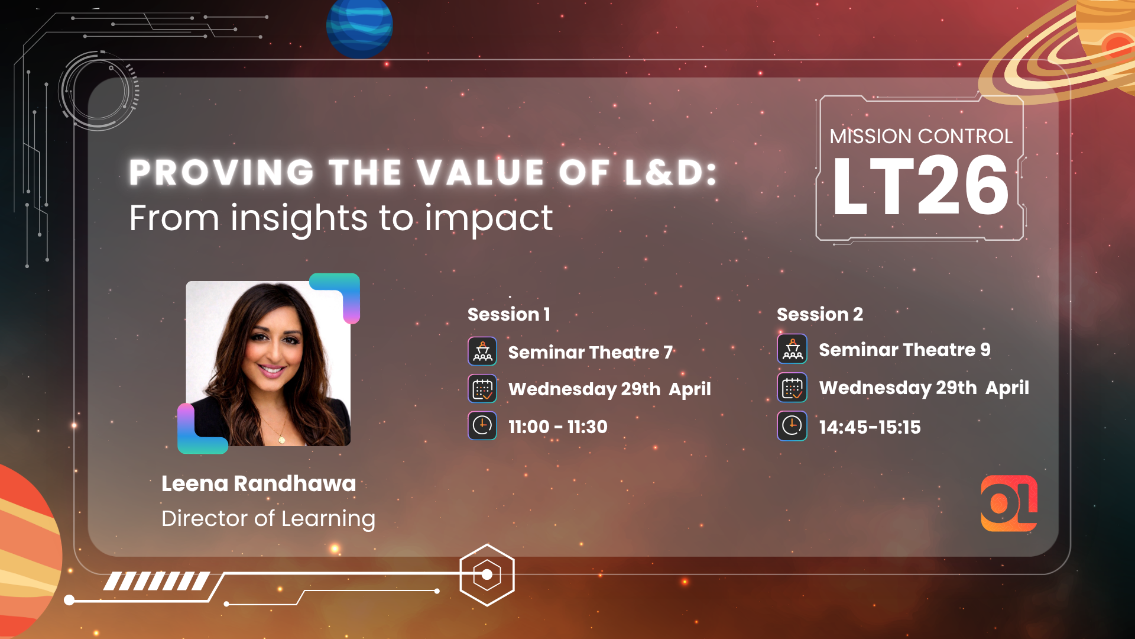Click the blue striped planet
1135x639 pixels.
point(359,27)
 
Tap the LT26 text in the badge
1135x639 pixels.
point(920,186)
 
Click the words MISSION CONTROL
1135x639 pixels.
point(921,136)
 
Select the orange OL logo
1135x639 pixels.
point(1009,504)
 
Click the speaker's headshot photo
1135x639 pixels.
point(268,363)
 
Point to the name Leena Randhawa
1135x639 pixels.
point(259,483)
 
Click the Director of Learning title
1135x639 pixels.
point(268,519)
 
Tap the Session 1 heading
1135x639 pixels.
point(509,314)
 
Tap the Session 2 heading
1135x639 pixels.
point(820,314)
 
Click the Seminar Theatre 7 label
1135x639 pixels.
point(591,353)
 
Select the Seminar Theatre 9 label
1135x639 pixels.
point(904,350)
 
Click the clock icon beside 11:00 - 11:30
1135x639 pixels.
point(482,426)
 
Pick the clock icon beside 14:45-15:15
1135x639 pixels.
point(792,426)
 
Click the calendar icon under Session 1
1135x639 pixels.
point(482,389)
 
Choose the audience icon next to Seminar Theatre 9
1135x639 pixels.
point(792,349)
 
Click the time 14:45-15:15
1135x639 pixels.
point(870,427)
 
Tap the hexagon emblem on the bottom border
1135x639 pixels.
point(487,575)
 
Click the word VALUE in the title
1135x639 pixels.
point(480,173)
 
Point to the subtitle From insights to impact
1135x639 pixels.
point(341,218)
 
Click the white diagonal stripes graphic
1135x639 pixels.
point(157,581)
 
